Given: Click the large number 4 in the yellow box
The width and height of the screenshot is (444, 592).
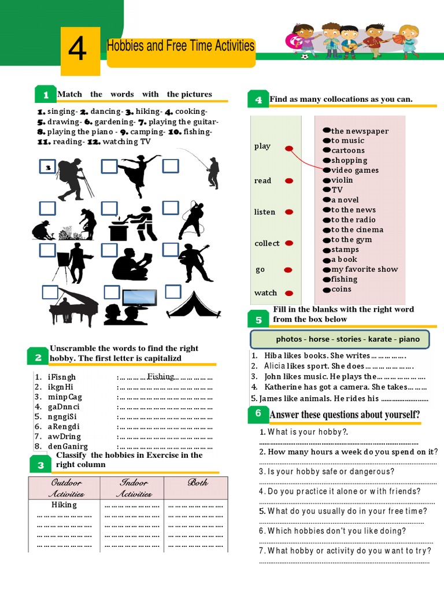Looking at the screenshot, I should tap(77, 50).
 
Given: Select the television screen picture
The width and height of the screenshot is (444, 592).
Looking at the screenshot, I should tap(140, 298).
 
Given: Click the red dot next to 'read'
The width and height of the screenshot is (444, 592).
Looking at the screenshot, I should tap(289, 181).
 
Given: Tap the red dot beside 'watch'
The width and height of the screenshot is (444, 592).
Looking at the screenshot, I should tap(289, 293).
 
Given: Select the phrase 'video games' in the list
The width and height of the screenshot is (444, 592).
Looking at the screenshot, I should tap(355, 170).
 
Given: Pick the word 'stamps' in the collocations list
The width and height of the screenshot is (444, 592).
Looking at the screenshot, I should tap(345, 249).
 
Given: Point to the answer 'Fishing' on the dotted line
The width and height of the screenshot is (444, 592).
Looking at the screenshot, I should tap(161, 376).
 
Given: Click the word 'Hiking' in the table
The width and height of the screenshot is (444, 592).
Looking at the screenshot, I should tap(64, 505).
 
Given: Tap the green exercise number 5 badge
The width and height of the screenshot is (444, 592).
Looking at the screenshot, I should tap(258, 320).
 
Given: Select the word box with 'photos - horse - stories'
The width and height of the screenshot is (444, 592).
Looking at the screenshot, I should tap(339, 339).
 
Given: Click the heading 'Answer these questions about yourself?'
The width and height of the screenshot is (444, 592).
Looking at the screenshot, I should tap(345, 415).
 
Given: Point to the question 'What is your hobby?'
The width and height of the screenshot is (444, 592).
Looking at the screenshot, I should tap(304, 432).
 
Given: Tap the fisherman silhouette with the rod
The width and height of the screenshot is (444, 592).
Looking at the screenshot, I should tap(212, 172).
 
